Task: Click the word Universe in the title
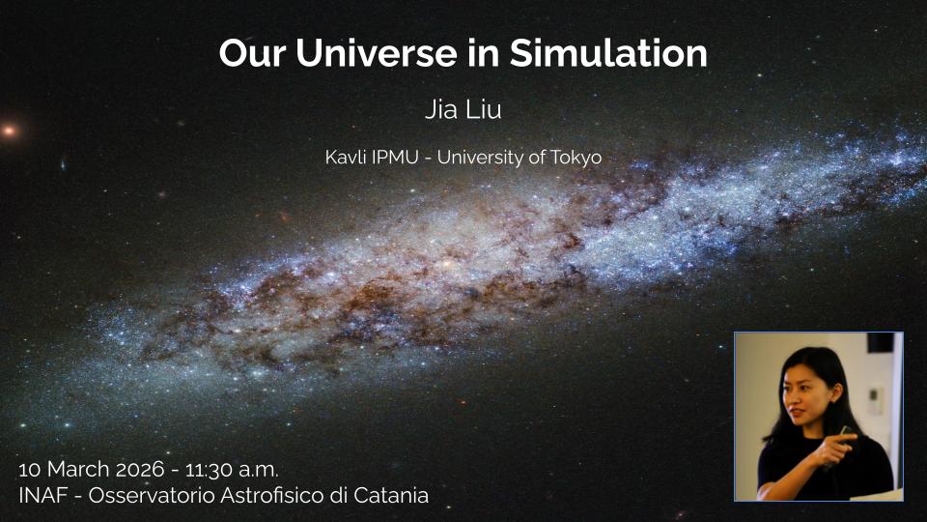coord(376,53)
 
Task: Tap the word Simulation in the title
coord(608,53)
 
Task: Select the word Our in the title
coord(252,53)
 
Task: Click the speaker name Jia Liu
coord(463,109)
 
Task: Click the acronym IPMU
coord(395,158)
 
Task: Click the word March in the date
coord(78,469)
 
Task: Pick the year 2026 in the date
coord(139,469)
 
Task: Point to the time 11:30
coord(209,470)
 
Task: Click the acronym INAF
coord(43,495)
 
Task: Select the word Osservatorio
coord(152,495)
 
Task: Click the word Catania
coord(391,495)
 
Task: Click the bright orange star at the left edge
coord(9,130)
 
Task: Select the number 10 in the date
coord(30,470)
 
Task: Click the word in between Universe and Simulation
coord(483,53)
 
